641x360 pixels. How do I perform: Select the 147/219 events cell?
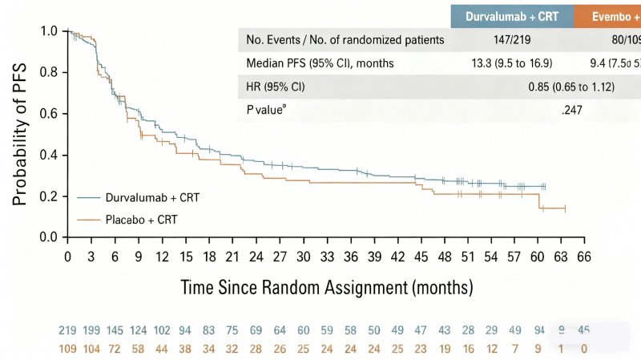click(512, 40)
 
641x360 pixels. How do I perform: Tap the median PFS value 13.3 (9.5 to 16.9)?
click(512, 63)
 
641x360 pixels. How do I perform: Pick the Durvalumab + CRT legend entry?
click(141, 197)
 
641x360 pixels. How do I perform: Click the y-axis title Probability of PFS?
click(20, 132)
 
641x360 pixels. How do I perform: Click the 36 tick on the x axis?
click(351, 256)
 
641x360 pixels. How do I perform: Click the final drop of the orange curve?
click(538, 201)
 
